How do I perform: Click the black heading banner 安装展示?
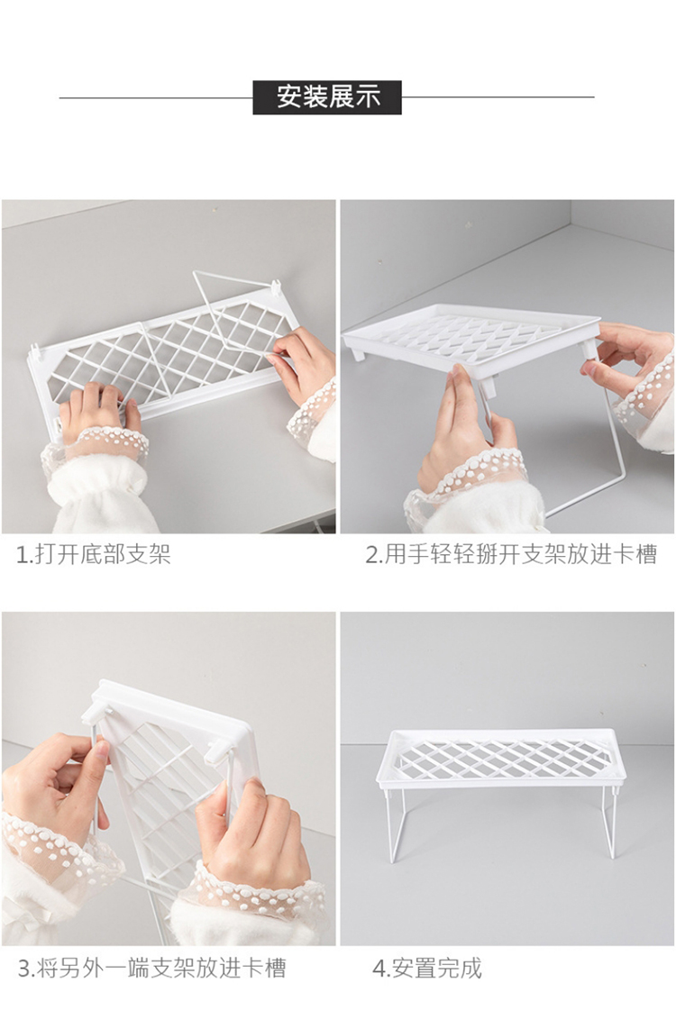coord(326,97)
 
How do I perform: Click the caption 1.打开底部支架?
coord(94,554)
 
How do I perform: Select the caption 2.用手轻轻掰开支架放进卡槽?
coord(511,554)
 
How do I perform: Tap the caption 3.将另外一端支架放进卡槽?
coord(151,969)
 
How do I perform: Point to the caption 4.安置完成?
coord(427,969)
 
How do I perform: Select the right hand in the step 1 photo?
coord(302,364)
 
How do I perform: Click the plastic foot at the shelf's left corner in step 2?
coord(356,353)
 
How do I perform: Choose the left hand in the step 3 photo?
coord(55,786)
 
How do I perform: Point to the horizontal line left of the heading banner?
coord(156,98)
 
